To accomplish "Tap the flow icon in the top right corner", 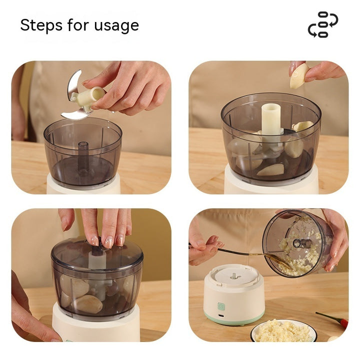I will (322, 24).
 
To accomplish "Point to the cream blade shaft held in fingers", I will (90, 96).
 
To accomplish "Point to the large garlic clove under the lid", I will (88, 303).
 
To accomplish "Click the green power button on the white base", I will (220, 306).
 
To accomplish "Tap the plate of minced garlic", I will (283, 331).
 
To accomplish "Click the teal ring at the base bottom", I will (234, 320).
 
